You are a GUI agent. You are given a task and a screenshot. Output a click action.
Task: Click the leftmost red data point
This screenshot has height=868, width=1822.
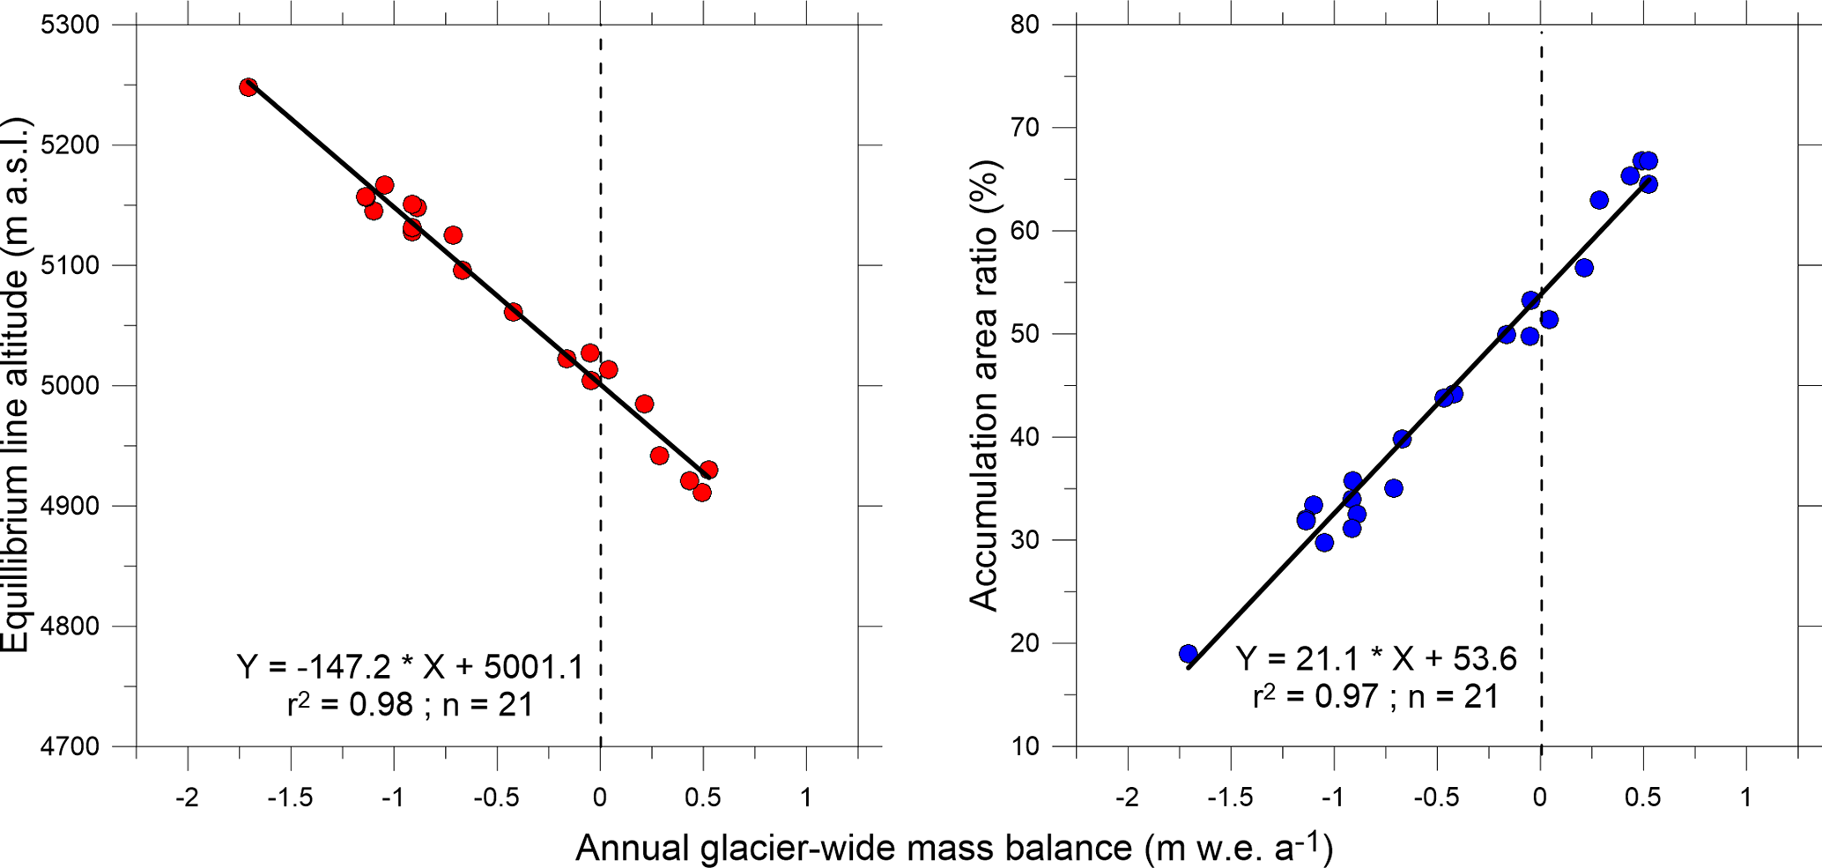point(248,87)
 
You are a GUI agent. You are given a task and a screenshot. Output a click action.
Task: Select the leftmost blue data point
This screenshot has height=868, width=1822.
point(1189,654)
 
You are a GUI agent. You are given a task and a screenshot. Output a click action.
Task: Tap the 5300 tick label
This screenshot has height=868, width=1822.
point(70,25)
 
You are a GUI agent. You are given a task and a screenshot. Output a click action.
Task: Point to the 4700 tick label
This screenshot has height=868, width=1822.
point(70,746)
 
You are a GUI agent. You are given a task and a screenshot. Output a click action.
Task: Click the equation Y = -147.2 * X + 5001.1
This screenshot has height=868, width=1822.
point(411,667)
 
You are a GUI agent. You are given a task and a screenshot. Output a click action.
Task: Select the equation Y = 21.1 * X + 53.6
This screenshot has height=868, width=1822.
point(1375,658)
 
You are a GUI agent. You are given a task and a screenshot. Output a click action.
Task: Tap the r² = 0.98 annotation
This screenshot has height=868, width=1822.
point(411,705)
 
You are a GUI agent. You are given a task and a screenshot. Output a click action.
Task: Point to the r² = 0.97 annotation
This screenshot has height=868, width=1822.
point(1375,697)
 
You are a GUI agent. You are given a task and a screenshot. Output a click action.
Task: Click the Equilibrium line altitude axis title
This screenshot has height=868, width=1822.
point(18,385)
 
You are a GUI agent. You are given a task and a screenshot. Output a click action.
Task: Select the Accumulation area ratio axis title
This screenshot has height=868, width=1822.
point(984,385)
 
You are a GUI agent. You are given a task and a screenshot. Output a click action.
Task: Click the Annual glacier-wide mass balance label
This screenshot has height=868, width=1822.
point(953,848)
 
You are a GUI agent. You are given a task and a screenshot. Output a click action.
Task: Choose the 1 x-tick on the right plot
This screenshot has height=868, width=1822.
point(1746,798)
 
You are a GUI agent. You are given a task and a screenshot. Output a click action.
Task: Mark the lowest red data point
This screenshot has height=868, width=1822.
point(702,493)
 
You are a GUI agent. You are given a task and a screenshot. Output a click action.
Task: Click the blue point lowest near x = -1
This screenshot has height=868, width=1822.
point(1324,543)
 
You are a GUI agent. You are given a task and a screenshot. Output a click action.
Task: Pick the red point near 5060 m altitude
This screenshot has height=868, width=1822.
point(514,312)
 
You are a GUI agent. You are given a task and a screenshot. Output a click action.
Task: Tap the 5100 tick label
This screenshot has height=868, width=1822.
point(70,265)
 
